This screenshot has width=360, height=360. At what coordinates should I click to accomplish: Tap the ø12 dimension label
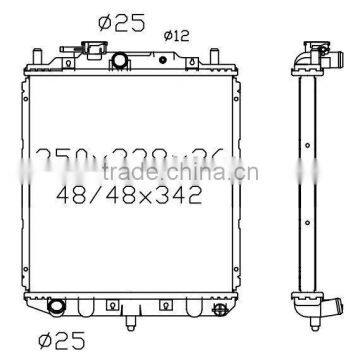click(x=175, y=35)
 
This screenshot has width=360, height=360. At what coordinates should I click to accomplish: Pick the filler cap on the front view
click(x=85, y=50)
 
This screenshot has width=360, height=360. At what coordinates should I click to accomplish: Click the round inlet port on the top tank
click(x=120, y=61)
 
